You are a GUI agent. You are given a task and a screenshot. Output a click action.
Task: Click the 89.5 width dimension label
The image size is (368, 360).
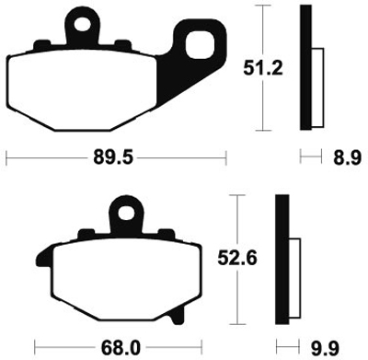[113, 158]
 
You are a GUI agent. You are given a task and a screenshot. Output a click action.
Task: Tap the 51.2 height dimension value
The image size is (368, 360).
[263, 68]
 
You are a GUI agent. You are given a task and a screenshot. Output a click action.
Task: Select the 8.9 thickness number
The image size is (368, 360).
[348, 158]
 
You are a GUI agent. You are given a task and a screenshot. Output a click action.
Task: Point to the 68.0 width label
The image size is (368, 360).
[121, 348]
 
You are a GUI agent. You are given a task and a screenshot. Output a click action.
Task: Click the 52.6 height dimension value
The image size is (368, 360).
[237, 259]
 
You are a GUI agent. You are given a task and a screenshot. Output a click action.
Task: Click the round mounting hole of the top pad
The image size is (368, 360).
[83, 25]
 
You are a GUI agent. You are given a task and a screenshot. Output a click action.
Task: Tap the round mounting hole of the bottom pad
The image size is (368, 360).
[126, 213]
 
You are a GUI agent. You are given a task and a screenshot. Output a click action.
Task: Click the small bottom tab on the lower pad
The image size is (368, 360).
[178, 316]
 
